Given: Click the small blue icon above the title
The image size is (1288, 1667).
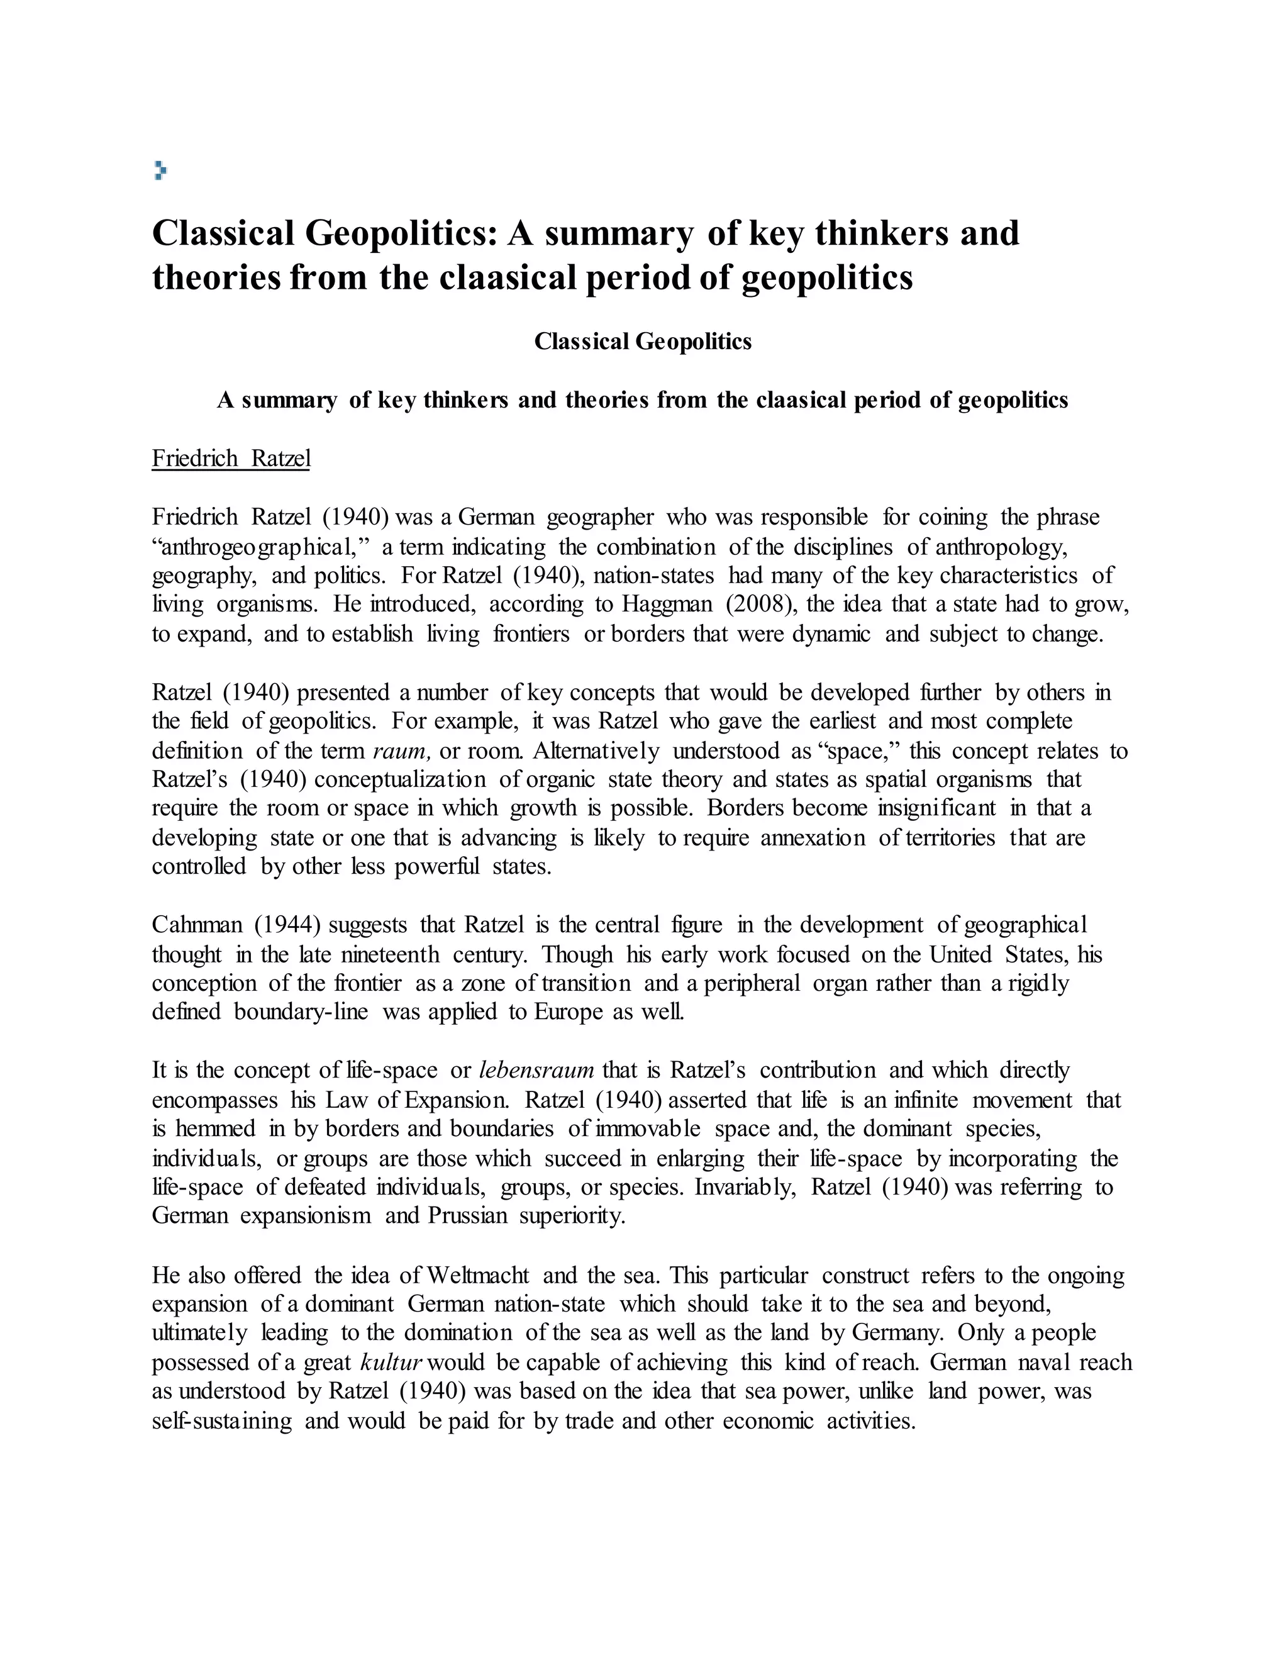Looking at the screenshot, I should [160, 170].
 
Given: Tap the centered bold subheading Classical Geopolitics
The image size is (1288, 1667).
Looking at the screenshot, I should [643, 341].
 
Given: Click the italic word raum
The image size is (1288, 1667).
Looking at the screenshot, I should [402, 751].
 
